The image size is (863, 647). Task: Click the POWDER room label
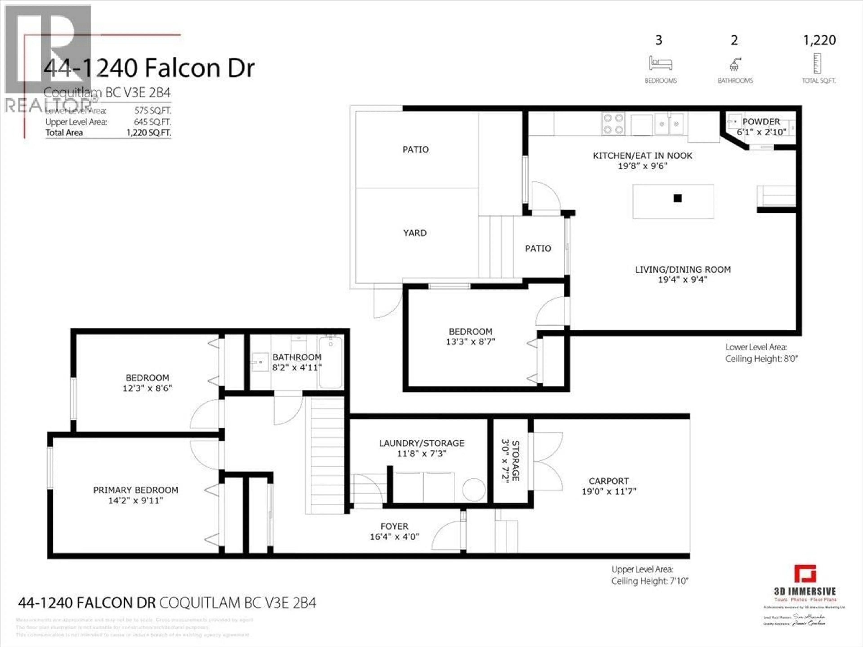click(761, 122)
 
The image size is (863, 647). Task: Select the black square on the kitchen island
click(678, 198)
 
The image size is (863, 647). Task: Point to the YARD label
click(415, 233)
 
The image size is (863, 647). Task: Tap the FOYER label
click(394, 527)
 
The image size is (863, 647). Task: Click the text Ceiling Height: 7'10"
click(649, 581)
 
